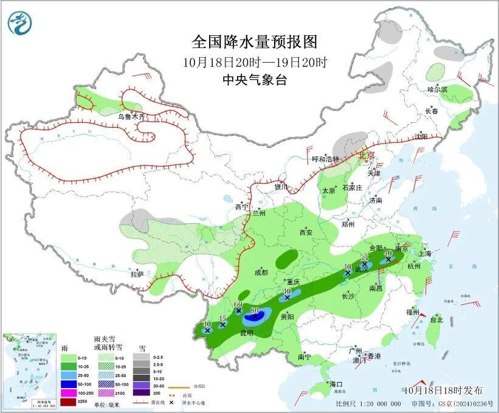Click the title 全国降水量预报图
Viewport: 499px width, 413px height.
(x=255, y=42)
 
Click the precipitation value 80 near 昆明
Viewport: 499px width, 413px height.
(x=255, y=311)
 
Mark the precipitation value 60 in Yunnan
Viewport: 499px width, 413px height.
(x=238, y=304)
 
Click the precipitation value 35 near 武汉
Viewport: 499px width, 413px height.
(x=365, y=258)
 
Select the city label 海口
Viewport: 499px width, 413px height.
(x=336, y=384)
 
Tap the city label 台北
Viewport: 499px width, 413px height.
(x=436, y=319)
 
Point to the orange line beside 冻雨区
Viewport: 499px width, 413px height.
(x=176, y=386)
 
